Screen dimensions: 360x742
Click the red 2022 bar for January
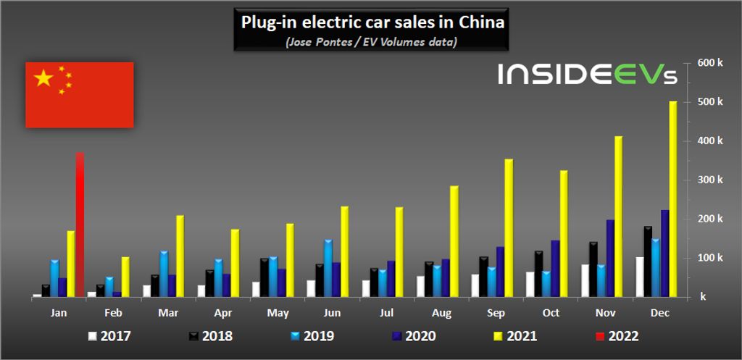(x=80, y=225)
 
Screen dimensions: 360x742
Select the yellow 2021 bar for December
(x=673, y=199)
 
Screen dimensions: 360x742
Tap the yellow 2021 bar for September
(x=509, y=228)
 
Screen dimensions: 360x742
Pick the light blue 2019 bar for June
(x=328, y=268)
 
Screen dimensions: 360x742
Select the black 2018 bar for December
(x=647, y=262)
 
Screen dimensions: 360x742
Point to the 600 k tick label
(x=709, y=63)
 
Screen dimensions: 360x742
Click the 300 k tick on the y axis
(x=709, y=180)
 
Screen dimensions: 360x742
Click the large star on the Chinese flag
(x=44, y=78)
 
